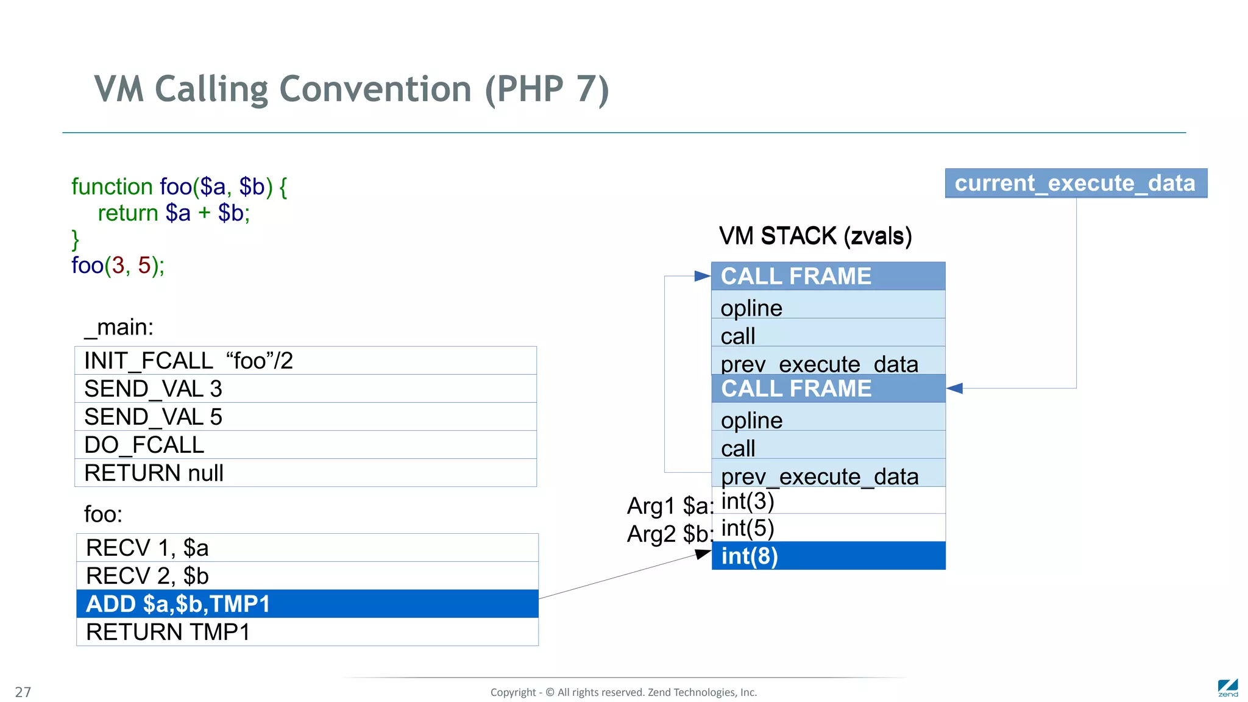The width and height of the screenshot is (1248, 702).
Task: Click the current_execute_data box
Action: pos(1076,183)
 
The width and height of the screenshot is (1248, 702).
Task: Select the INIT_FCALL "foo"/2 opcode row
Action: pos(305,361)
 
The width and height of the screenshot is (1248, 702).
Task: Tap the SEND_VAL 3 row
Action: pos(305,389)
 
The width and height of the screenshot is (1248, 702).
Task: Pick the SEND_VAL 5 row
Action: pos(305,417)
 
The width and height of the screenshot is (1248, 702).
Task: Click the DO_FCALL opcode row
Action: pos(305,445)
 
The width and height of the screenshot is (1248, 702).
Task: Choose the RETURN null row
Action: pos(305,473)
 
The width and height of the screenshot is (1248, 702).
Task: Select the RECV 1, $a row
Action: pos(307,548)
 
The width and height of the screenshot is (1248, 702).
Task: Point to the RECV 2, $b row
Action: pos(307,576)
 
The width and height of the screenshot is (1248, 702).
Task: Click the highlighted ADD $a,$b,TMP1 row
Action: pos(307,604)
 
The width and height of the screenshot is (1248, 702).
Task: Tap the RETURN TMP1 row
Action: pos(307,632)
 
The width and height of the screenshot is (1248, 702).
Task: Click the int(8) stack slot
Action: pos(828,556)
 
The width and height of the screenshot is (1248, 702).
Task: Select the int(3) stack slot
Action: pos(828,501)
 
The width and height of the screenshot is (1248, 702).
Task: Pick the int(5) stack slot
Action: pos(828,528)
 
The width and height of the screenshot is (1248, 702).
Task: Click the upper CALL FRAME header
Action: pos(828,276)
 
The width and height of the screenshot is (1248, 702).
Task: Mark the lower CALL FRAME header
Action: pos(828,389)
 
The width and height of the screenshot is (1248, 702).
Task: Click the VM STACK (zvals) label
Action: pos(815,236)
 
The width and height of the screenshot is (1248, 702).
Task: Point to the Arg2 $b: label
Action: pos(669,534)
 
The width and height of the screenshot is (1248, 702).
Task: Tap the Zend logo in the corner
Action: pos(1228,688)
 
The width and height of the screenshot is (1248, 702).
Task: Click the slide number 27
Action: pos(23,692)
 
